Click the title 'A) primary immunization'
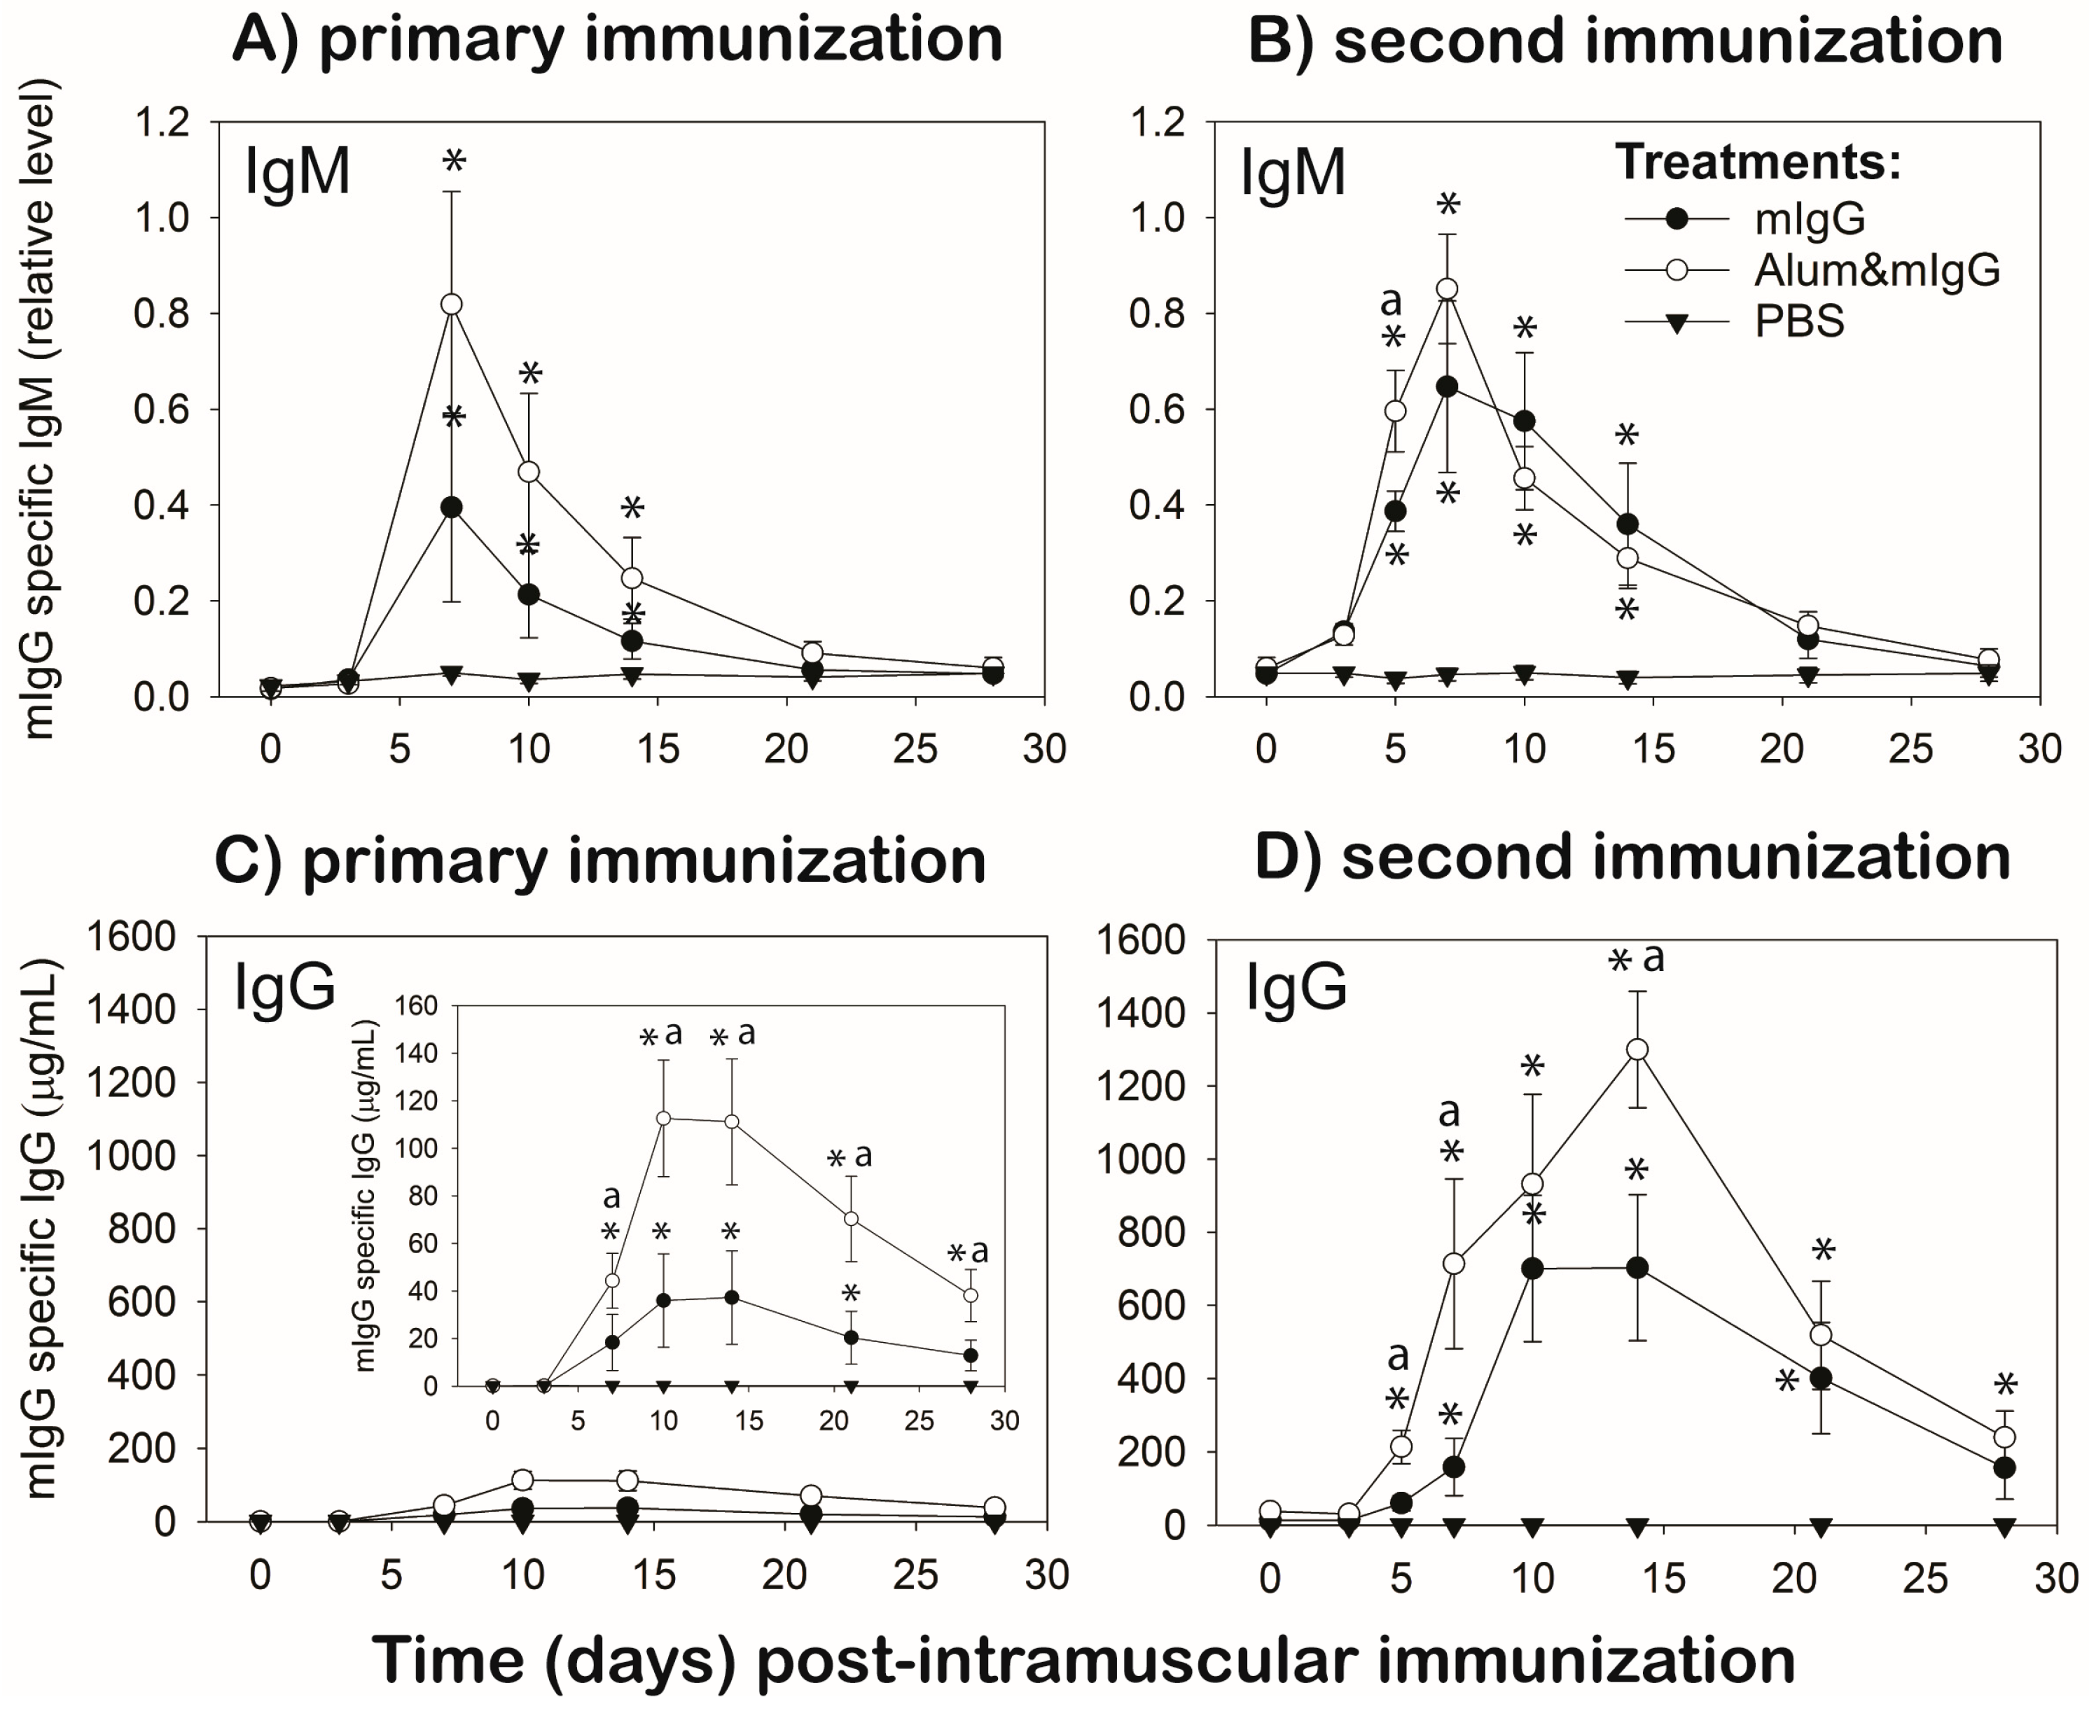[617, 41]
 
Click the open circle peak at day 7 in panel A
[452, 304]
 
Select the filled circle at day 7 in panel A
[452, 508]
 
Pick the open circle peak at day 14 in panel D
[1637, 1049]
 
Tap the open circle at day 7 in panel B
[1448, 288]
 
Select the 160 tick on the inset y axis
[415, 1006]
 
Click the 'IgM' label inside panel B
[1293, 174]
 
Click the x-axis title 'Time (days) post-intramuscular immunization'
[1083, 1660]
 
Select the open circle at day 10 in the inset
[663, 1119]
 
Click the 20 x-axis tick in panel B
[1782, 750]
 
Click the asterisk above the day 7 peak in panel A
[454, 160]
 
